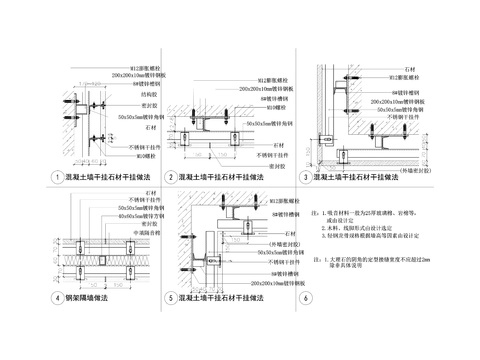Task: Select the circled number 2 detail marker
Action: pos(171,176)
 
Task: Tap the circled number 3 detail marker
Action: pos(305,176)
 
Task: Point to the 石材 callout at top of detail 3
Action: pos(409,73)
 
